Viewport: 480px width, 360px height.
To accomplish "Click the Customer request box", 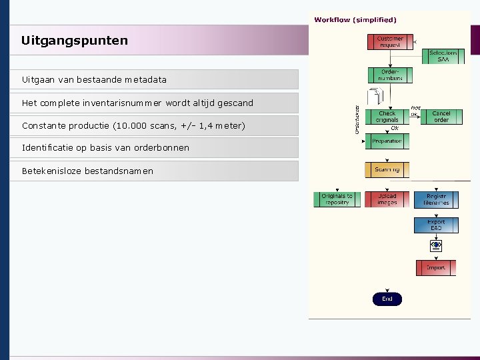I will coord(390,42).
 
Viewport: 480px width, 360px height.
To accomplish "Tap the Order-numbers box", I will coord(390,75).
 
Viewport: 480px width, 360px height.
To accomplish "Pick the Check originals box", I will coord(387,117).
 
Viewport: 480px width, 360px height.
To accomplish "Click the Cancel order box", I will coord(441,117).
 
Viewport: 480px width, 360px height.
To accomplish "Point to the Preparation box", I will coord(387,141).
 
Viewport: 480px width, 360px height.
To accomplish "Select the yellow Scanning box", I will coord(387,170).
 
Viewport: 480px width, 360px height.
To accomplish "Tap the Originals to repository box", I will coord(337,199).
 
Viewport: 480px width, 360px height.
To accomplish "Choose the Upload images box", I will coord(387,199).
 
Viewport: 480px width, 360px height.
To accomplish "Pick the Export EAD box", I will coord(436,225).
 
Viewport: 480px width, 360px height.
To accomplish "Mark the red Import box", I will coord(436,268).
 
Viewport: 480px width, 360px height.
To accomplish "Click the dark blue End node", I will coord(387,299).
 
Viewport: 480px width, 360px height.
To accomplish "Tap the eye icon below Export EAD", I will coord(436,245).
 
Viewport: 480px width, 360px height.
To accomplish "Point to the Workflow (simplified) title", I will coord(355,20).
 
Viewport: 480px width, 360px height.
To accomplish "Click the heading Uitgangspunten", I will coord(74,41).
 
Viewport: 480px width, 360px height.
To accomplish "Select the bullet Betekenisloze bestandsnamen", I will coord(87,171).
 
